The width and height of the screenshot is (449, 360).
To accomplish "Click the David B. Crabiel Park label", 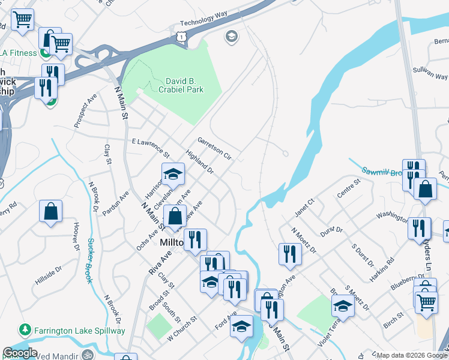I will point(181,85).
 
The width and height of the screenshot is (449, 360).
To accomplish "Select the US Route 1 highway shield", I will point(181,37).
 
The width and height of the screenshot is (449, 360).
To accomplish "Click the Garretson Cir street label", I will point(214,148).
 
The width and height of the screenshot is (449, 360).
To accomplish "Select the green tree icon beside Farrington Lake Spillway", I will point(25,330).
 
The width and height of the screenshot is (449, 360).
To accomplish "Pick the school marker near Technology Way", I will point(231,37).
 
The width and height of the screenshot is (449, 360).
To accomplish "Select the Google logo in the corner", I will point(20,353).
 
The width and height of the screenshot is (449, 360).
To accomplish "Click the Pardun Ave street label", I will point(115,204).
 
